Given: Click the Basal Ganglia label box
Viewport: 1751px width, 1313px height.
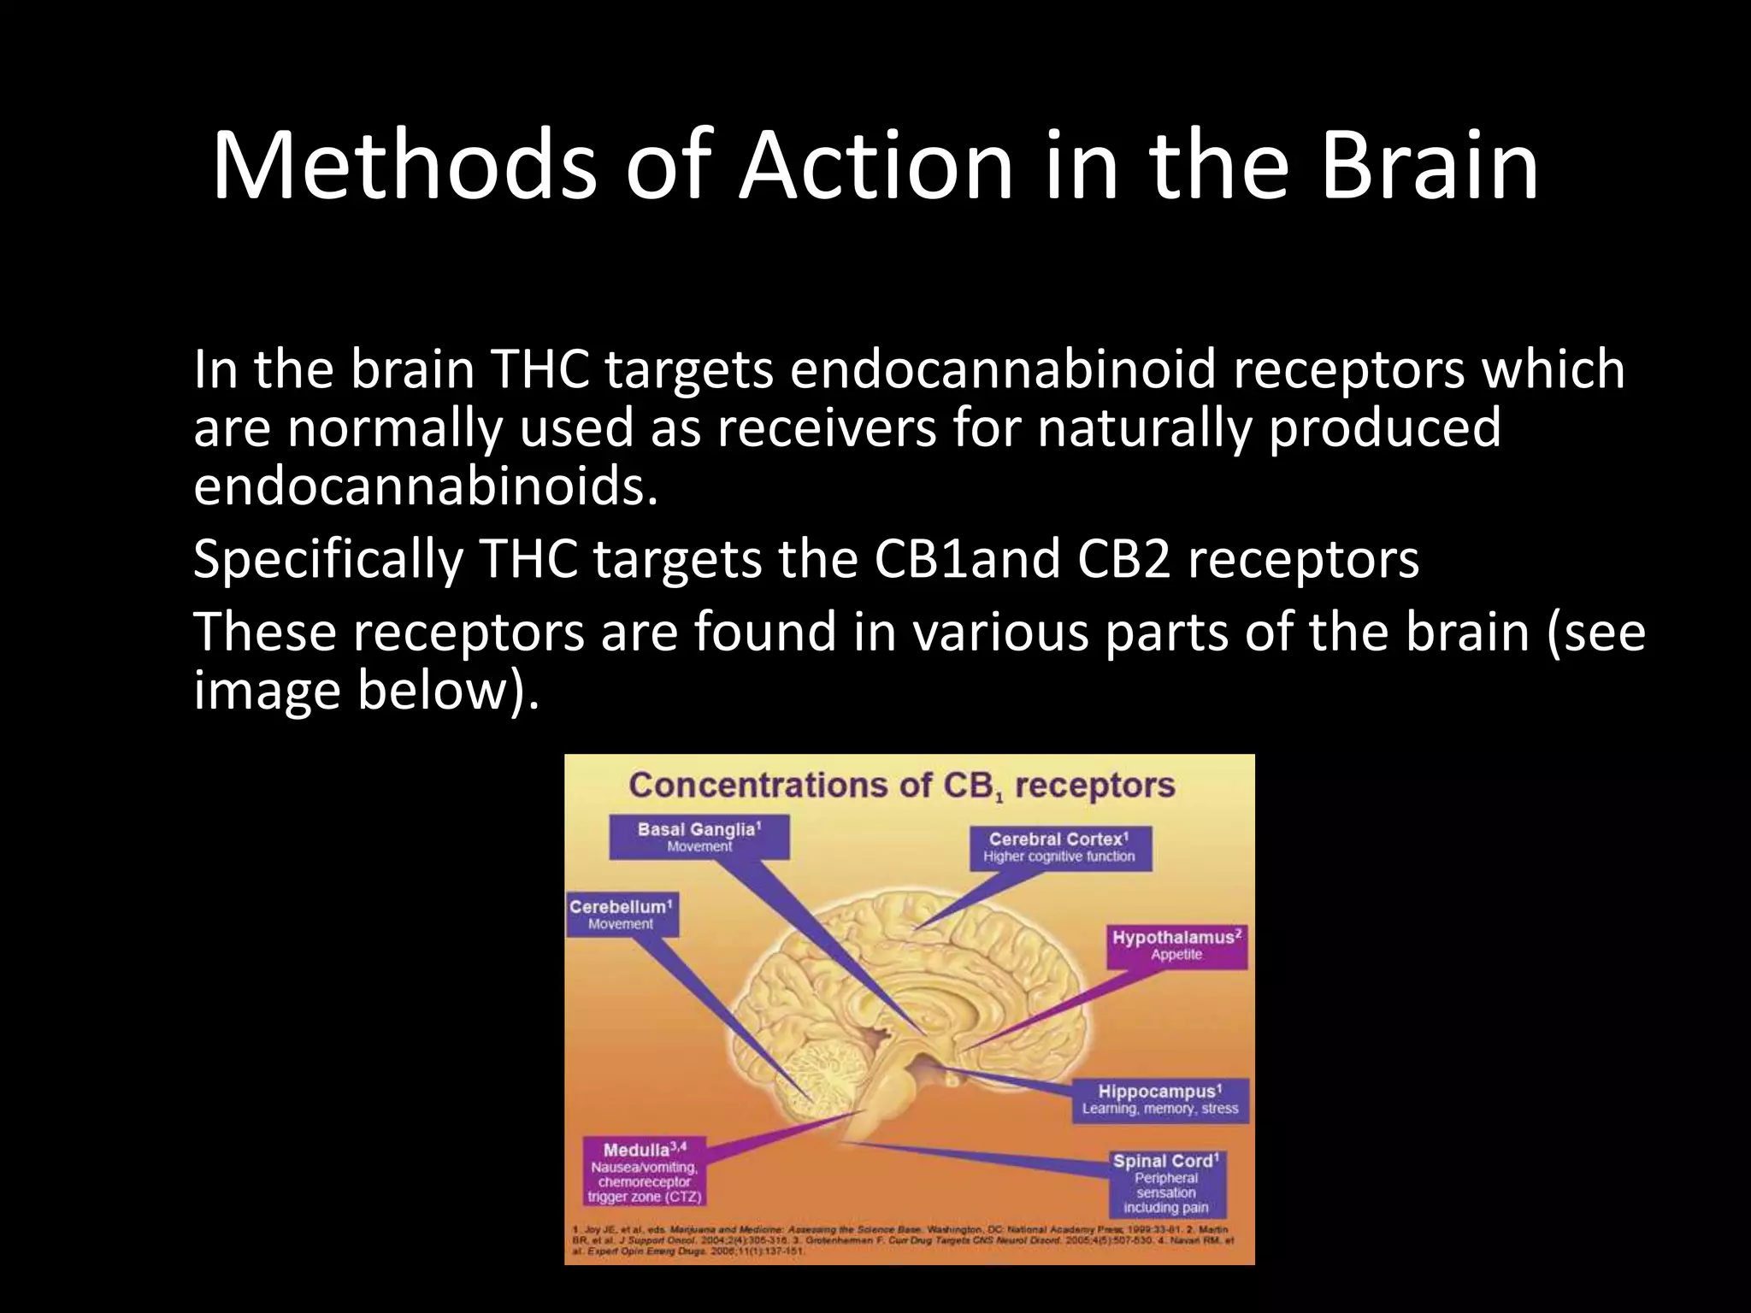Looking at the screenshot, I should coord(699,837).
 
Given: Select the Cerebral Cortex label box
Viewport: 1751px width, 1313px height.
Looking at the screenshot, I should coord(1059,847).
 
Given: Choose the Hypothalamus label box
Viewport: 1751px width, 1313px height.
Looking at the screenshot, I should coord(1176,945).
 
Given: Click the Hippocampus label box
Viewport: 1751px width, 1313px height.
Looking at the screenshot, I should coord(1160,1100).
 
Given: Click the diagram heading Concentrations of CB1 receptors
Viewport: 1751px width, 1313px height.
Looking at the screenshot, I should coord(901,786).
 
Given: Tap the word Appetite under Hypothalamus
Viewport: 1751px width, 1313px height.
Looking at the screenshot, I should coord(1176,955).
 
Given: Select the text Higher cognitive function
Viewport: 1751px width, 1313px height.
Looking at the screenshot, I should coord(1059,857).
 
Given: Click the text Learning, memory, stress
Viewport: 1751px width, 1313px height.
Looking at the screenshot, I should coord(1160,1109).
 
